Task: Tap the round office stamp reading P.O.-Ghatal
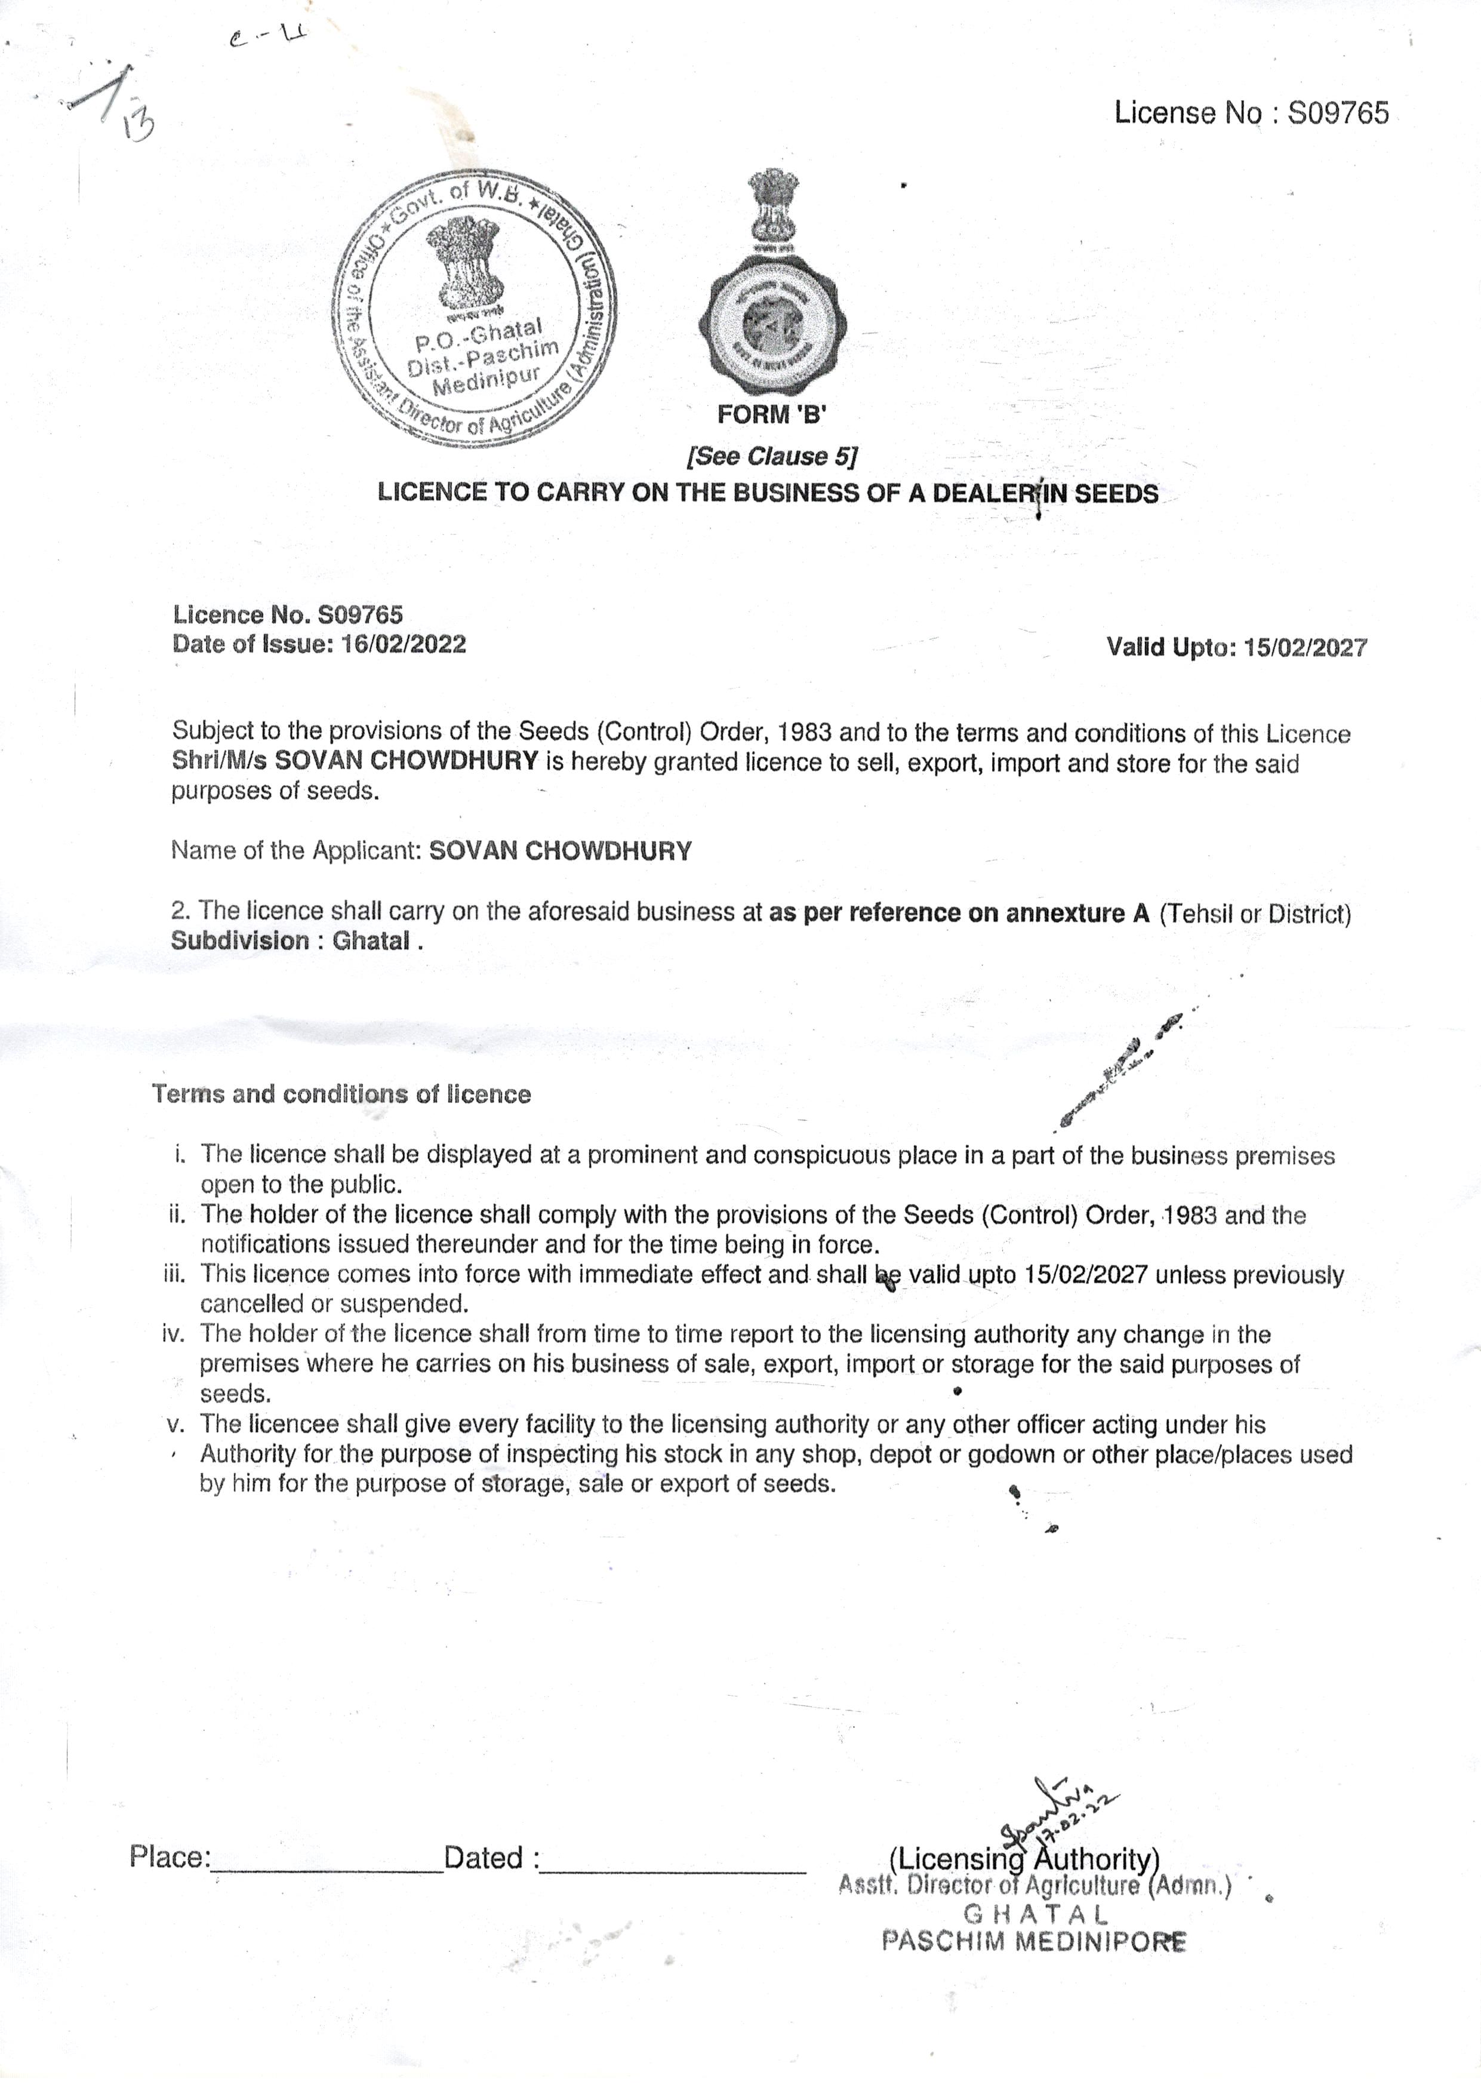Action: [x=473, y=309]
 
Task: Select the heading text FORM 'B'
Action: [x=771, y=415]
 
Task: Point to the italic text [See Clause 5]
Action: [x=771, y=456]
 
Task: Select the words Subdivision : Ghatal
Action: [x=297, y=941]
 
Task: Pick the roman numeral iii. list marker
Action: [x=174, y=1274]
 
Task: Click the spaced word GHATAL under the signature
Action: [x=1035, y=1914]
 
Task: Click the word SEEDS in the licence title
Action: [x=1115, y=493]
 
